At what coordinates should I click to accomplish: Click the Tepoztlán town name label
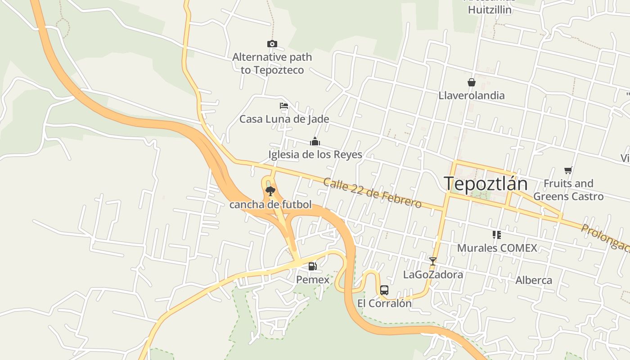pyautogui.click(x=485, y=184)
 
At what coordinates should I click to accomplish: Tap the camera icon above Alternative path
pyautogui.click(x=272, y=44)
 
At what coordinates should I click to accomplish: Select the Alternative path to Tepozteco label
pyautogui.click(x=272, y=63)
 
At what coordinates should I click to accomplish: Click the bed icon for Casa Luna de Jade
pyautogui.click(x=284, y=106)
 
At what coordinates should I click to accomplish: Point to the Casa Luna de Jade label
pyautogui.click(x=284, y=119)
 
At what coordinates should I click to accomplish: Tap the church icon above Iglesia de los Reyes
pyautogui.click(x=315, y=142)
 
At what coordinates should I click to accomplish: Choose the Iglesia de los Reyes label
pyautogui.click(x=315, y=155)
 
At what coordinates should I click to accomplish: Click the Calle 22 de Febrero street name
pyautogui.click(x=372, y=193)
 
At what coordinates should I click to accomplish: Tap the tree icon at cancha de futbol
pyautogui.click(x=270, y=192)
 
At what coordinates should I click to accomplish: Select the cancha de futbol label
pyautogui.click(x=270, y=205)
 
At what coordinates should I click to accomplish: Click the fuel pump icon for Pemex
pyautogui.click(x=312, y=266)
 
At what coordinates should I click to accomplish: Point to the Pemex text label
pyautogui.click(x=312, y=279)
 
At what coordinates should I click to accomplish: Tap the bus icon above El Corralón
pyautogui.click(x=384, y=290)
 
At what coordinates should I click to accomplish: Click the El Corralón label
pyautogui.click(x=384, y=303)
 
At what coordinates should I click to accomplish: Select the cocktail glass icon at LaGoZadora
pyautogui.click(x=433, y=261)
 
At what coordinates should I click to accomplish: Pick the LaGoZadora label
pyautogui.click(x=433, y=274)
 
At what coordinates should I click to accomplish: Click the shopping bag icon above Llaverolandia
pyautogui.click(x=471, y=82)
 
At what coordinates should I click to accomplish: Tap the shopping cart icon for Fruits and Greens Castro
pyautogui.click(x=568, y=170)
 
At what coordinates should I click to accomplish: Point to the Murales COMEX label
pyautogui.click(x=497, y=248)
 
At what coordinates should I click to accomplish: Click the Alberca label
pyautogui.click(x=533, y=280)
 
